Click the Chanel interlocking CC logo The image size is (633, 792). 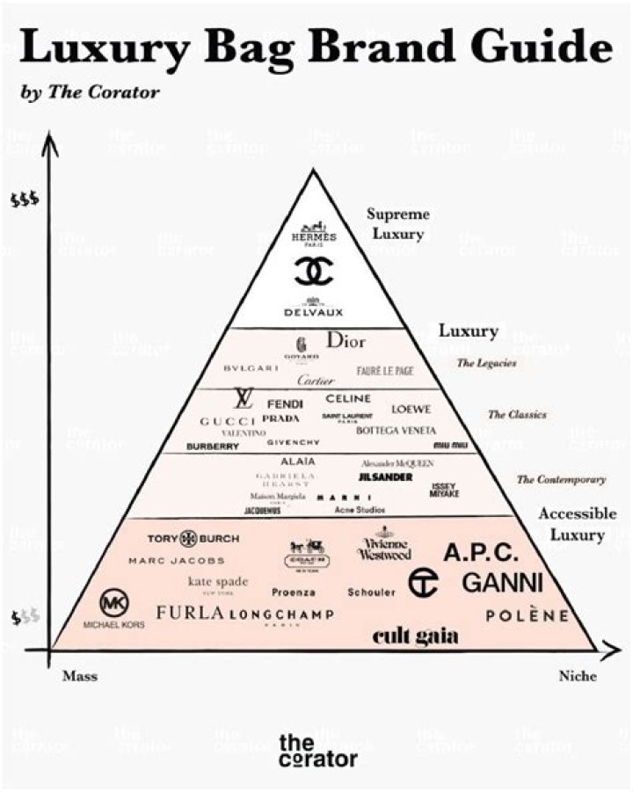click(x=313, y=273)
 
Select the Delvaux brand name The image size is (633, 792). click(x=314, y=310)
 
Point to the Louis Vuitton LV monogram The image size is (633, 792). click(x=242, y=399)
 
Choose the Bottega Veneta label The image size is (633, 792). click(x=396, y=431)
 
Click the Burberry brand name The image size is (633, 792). click(x=212, y=446)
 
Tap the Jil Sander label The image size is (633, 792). click(x=385, y=476)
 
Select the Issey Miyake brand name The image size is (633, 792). click(x=443, y=490)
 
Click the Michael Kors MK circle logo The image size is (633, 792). click(x=113, y=603)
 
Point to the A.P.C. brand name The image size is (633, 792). click(x=481, y=554)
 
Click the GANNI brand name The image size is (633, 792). click(x=503, y=583)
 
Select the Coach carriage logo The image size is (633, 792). click(x=305, y=553)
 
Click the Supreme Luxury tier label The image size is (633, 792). click(x=397, y=224)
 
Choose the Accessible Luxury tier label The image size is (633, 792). click(x=571, y=524)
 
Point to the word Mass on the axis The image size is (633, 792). click(x=79, y=676)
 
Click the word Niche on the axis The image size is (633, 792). click(x=577, y=676)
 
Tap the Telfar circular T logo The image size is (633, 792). click(x=423, y=581)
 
